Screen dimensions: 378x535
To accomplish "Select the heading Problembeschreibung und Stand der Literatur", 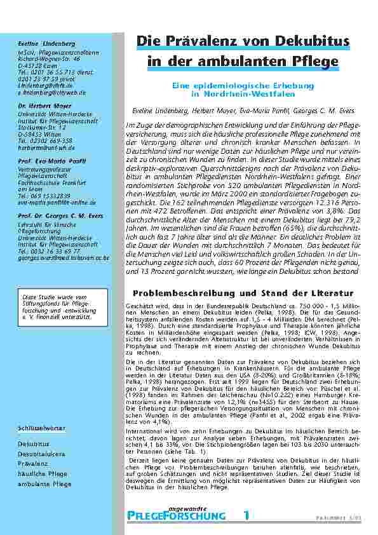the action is click(x=243, y=294).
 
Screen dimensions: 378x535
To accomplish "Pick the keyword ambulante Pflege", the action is click(x=44, y=484).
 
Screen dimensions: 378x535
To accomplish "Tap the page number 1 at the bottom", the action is click(x=246, y=515).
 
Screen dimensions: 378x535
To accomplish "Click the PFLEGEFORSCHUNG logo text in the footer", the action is click(x=176, y=515).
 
